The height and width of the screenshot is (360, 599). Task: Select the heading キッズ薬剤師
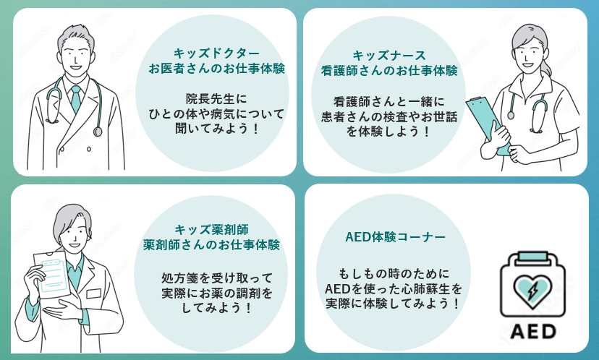211,228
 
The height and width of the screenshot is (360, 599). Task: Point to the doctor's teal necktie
75,97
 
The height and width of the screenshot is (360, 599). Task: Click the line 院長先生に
216,98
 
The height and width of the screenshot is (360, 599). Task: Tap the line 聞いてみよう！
216,129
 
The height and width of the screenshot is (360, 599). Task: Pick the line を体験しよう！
389,132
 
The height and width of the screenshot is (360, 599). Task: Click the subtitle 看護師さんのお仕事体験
389,71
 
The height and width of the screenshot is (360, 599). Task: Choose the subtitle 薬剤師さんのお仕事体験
211,244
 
